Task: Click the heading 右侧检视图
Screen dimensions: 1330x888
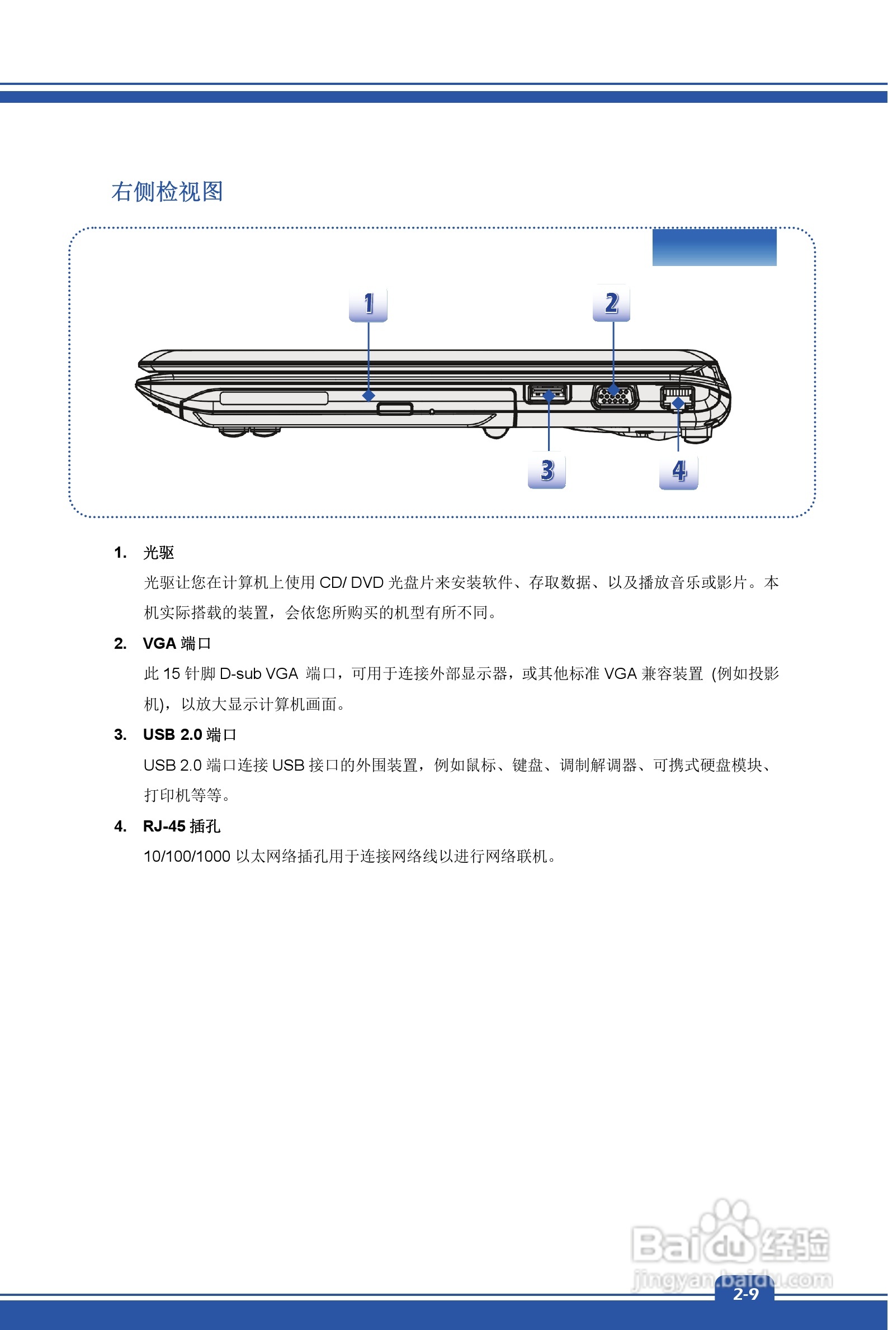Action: pyautogui.click(x=167, y=192)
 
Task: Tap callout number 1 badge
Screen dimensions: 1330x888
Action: pyautogui.click(x=368, y=305)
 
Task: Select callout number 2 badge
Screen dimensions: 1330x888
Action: pyautogui.click(x=612, y=303)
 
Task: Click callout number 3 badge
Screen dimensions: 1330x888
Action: pyautogui.click(x=546, y=470)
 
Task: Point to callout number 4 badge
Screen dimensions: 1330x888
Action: pyautogui.click(x=678, y=471)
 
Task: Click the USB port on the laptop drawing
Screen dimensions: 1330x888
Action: pyautogui.click(x=547, y=393)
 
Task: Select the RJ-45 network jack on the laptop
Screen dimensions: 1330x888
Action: pyautogui.click(x=677, y=397)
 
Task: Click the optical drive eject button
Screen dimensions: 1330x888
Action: pyautogui.click(x=395, y=408)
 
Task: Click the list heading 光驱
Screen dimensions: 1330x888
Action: pyautogui.click(x=159, y=552)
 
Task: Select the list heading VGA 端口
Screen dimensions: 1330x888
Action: pyautogui.click(x=177, y=644)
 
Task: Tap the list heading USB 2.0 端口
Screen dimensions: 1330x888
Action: pyautogui.click(x=189, y=735)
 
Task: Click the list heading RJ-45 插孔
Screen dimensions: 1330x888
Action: pyautogui.click(x=181, y=826)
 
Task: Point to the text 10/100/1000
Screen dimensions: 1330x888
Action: pyautogui.click(x=187, y=856)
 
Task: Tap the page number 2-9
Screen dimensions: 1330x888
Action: pyautogui.click(x=745, y=1294)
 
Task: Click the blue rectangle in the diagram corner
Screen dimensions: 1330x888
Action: pyautogui.click(x=714, y=248)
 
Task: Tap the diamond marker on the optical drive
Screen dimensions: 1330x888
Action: pyautogui.click(x=369, y=395)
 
